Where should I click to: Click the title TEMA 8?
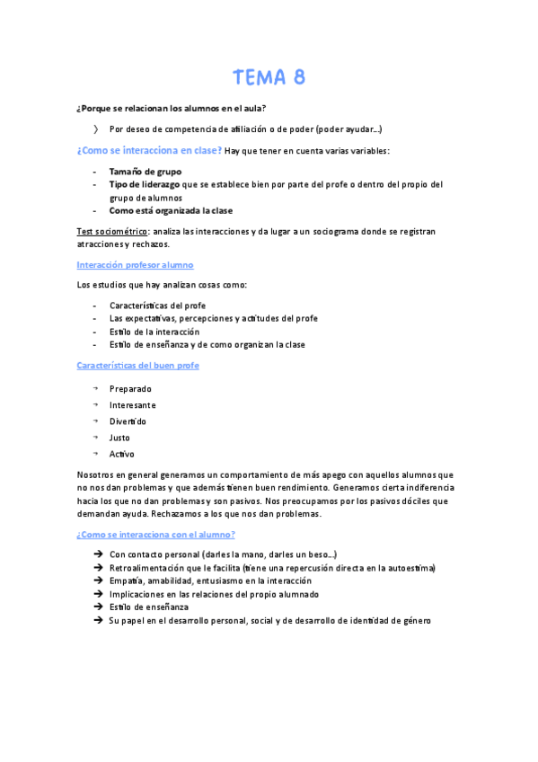[269, 78]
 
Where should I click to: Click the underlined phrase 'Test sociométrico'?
[111, 232]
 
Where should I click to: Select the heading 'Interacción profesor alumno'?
[135, 265]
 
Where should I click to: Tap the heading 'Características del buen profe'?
[138, 366]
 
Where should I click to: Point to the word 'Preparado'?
[130, 389]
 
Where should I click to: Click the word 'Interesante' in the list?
[132, 405]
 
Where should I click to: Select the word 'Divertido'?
[128, 421]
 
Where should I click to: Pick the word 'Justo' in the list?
[119, 438]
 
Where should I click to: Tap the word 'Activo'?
[122, 454]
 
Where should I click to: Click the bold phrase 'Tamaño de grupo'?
[145, 171]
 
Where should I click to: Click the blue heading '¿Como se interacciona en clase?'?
[149, 151]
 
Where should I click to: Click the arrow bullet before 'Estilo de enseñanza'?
[97, 607]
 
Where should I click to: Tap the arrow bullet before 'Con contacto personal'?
[97, 554]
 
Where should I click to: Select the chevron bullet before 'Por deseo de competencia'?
[96, 129]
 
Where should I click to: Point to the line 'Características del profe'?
[157, 306]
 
